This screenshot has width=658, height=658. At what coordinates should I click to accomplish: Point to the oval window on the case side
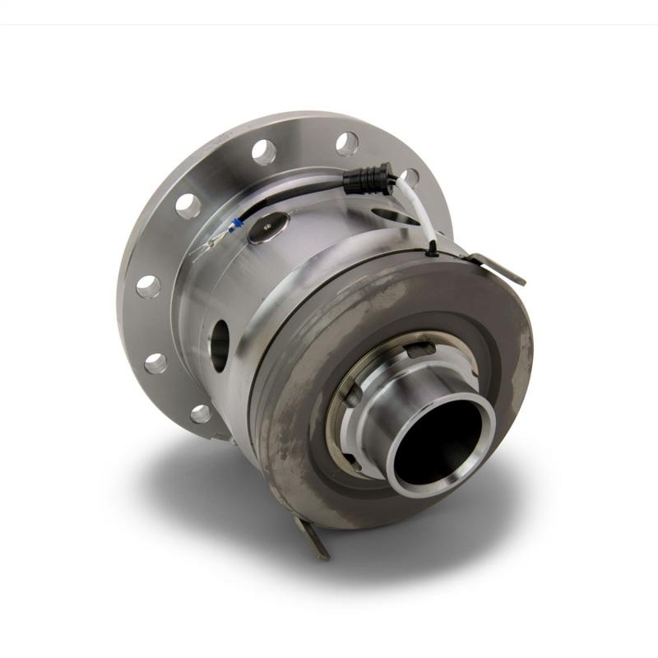tap(220, 345)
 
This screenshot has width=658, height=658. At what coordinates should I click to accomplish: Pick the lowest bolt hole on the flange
tap(202, 413)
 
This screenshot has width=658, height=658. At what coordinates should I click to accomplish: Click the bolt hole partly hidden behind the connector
tap(408, 178)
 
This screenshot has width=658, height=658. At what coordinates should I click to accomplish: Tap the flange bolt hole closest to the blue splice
tap(188, 206)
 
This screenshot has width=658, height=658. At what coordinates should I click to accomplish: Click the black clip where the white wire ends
tap(431, 247)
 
